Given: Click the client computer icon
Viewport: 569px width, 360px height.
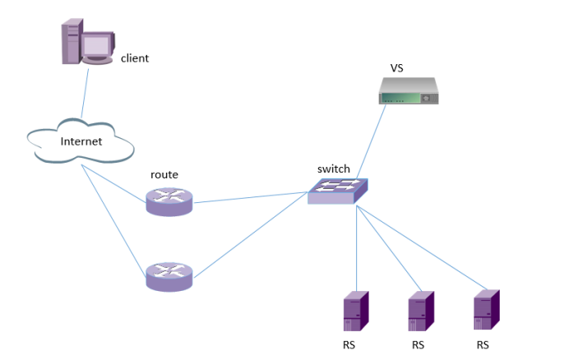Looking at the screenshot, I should [86, 44].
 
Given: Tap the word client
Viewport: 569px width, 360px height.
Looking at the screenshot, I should [135, 58].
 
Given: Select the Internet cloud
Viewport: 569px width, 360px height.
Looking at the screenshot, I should [81, 141].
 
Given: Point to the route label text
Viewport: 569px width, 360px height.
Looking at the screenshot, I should [164, 175].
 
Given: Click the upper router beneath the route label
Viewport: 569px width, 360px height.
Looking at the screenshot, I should [169, 201].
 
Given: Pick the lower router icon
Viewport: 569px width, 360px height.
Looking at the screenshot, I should [169, 276].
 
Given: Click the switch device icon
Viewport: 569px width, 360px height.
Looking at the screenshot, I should [338, 192].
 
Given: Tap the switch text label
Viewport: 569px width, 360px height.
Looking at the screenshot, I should [333, 169].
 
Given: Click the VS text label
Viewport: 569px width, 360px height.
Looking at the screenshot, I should [396, 67].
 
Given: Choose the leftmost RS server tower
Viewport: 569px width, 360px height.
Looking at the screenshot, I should [355, 311].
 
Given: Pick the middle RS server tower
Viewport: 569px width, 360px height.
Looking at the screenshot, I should [421, 311].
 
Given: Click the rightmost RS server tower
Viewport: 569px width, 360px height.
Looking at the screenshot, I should [487, 309].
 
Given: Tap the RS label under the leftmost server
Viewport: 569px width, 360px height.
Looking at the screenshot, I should [350, 345].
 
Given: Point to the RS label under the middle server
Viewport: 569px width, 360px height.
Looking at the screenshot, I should [418, 345].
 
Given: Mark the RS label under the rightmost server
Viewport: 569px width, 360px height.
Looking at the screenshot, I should [483, 344].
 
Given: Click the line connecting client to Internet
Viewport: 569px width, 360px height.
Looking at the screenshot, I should [84, 95].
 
